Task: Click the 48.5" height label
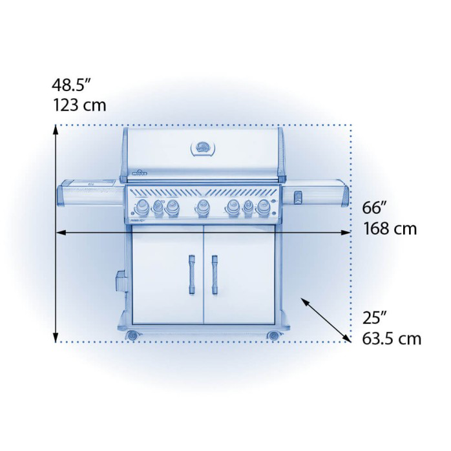pyautogui.click(x=72, y=85)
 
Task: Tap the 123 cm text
pyautogui.click(x=79, y=105)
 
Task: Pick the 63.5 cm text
pyautogui.click(x=391, y=338)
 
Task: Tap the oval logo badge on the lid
pyautogui.click(x=202, y=148)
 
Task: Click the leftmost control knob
pyautogui.click(x=140, y=208)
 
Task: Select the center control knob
pyautogui.click(x=202, y=207)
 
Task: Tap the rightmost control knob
pyautogui.click(x=263, y=208)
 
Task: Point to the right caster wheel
pyautogui.click(x=273, y=335)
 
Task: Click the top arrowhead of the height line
pyautogui.click(x=57, y=129)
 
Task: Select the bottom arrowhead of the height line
pyautogui.click(x=57, y=337)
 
